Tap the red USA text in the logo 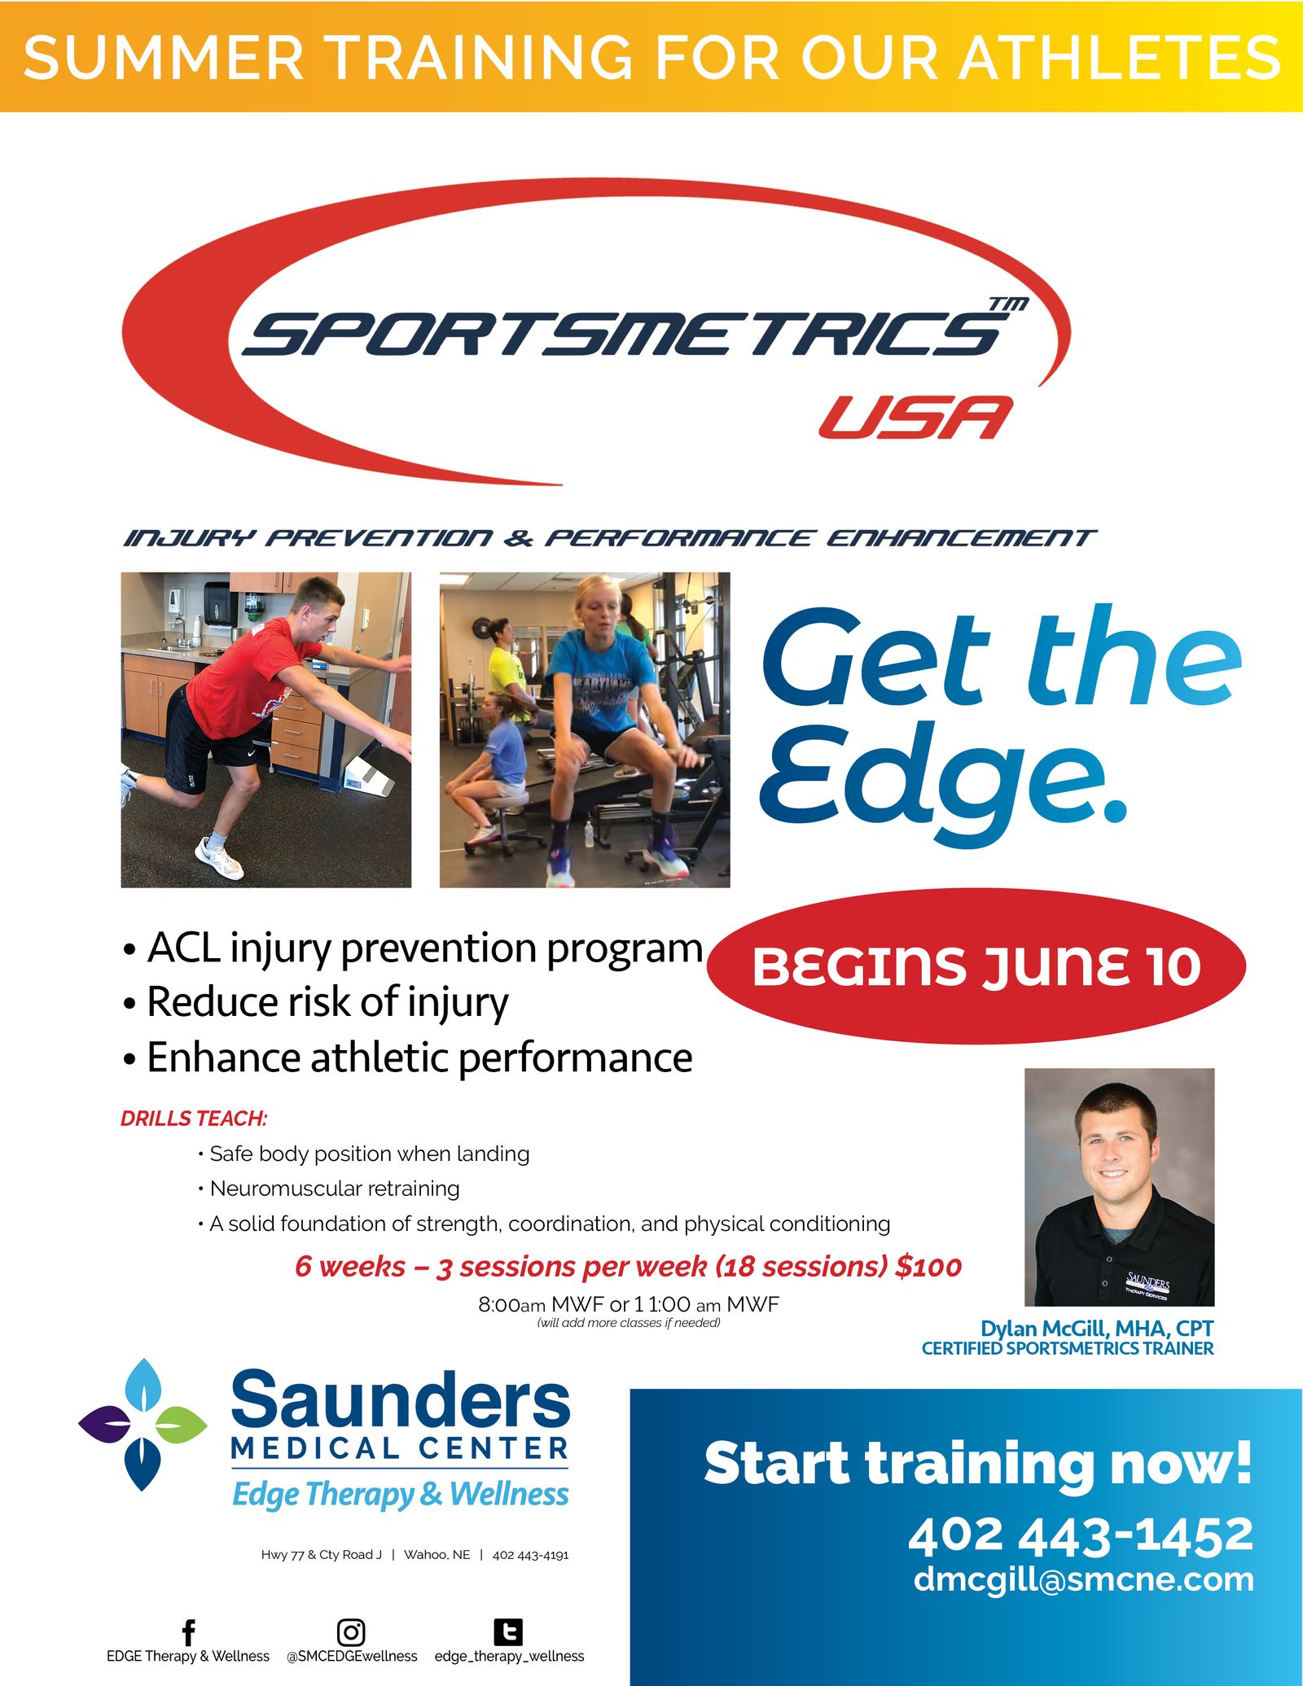[x=915, y=418]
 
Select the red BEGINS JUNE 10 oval [x=976, y=966]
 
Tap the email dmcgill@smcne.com [x=1083, y=1579]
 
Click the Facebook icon [x=188, y=1631]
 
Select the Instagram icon [x=351, y=1631]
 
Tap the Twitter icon [x=508, y=1631]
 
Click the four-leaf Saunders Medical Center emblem [x=143, y=1424]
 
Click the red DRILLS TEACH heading [x=194, y=1119]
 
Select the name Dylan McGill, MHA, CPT [x=1096, y=1328]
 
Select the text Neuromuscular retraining [x=335, y=1189]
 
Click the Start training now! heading [x=977, y=1464]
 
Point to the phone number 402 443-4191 [x=530, y=1555]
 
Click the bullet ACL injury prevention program [x=423, y=948]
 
